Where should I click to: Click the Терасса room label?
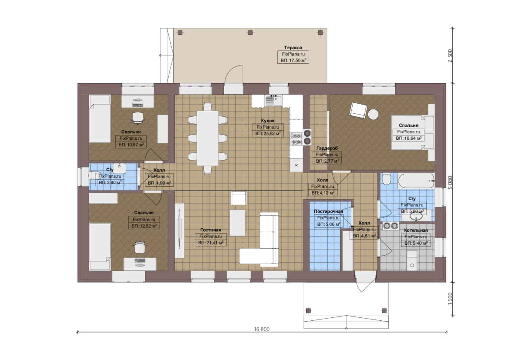[x=293, y=48]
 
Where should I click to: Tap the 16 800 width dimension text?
[x=262, y=329]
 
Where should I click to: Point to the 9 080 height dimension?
[x=450, y=182]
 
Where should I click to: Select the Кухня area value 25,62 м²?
[x=268, y=133]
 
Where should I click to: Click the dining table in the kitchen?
[x=208, y=138]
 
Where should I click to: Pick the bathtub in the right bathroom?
[x=416, y=181]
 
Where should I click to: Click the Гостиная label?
[x=210, y=230]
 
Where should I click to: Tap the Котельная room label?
[x=416, y=230]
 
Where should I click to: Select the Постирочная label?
[x=328, y=211]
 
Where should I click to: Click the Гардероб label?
[x=327, y=148]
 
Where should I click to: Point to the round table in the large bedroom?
[x=373, y=114]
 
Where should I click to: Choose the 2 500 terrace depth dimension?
[x=450, y=56]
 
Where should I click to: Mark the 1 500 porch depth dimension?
[x=450, y=299]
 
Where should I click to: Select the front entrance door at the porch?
[x=365, y=282]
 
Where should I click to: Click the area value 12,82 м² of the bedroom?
[x=144, y=226]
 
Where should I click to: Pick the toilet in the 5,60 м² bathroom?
[x=387, y=180]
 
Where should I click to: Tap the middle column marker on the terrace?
[x=250, y=33]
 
